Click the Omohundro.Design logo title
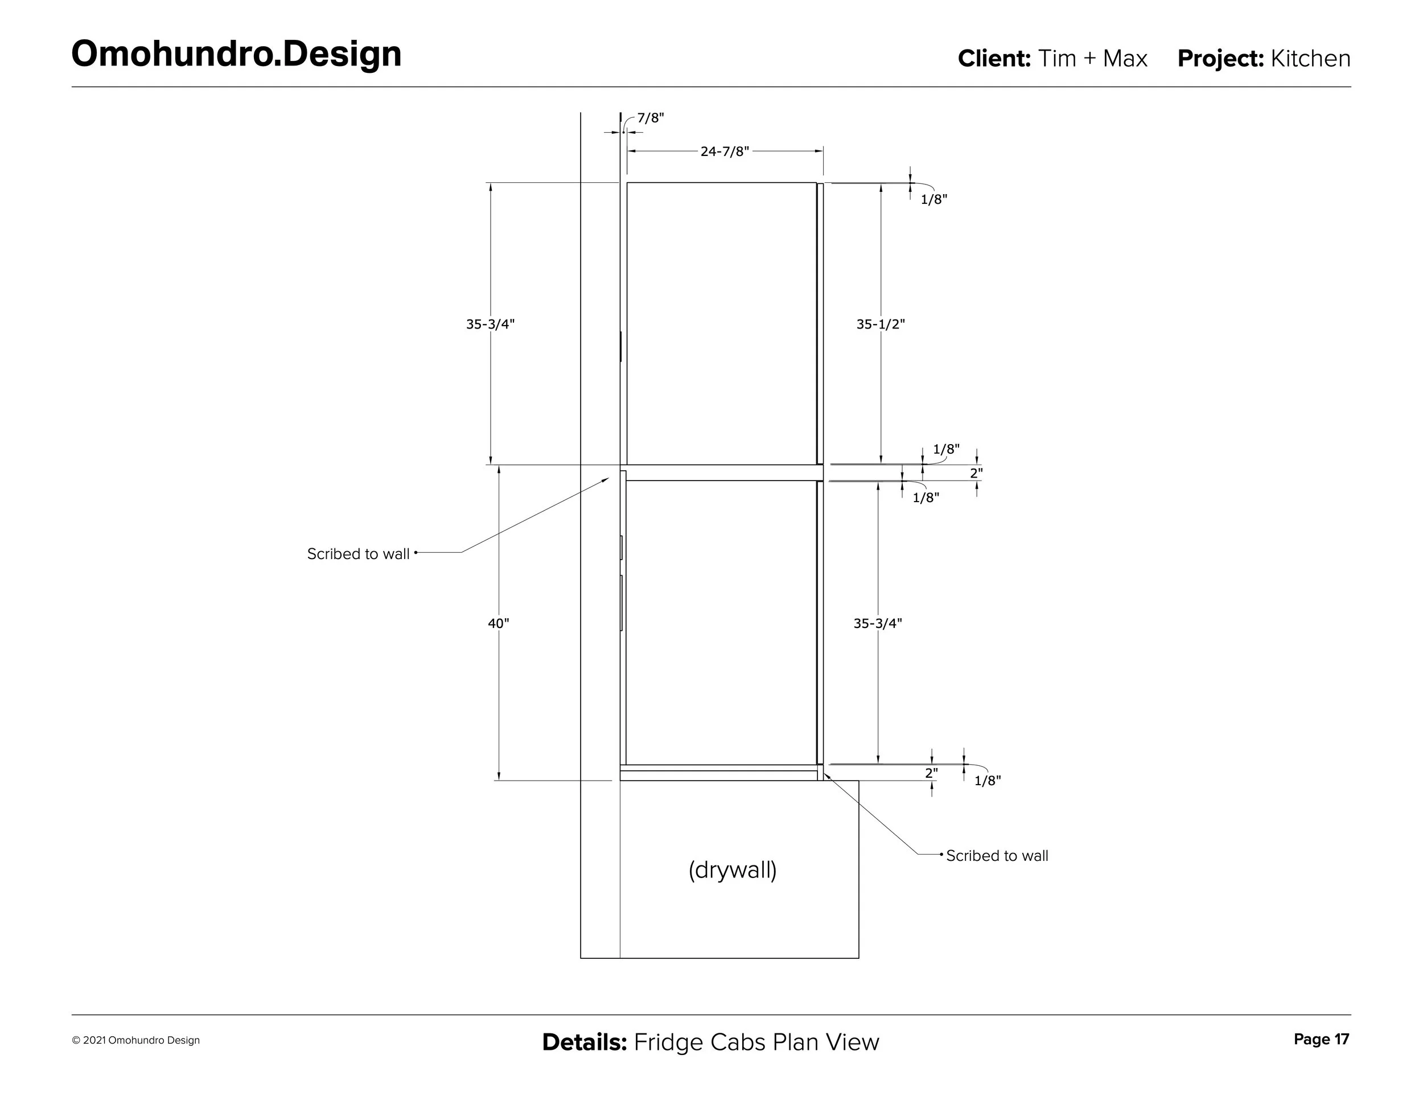point(236,54)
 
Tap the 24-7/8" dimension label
point(725,152)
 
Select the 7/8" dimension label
point(650,118)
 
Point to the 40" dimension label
point(499,623)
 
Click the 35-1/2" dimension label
point(880,324)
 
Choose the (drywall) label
point(733,870)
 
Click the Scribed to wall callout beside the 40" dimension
point(359,554)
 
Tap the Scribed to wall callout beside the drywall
point(997,856)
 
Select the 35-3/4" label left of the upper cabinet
point(490,324)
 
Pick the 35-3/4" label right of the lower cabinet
point(878,623)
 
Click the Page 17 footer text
point(1321,1040)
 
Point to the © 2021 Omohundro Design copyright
point(135,1041)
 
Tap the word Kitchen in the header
point(1310,59)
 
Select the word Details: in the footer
point(584,1042)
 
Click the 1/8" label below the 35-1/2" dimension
point(946,449)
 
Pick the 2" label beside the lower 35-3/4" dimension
point(932,773)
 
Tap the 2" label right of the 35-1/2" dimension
point(976,473)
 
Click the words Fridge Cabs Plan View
point(756,1042)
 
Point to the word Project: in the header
point(1220,59)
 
